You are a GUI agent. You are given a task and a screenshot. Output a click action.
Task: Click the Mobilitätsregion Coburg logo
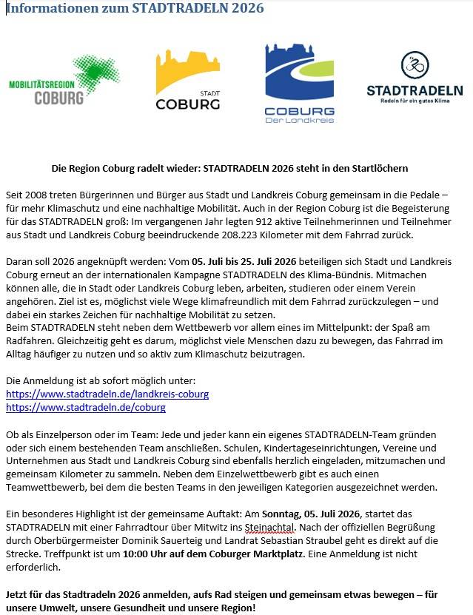click(64, 81)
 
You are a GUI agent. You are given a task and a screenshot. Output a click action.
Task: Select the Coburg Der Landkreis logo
click(300, 81)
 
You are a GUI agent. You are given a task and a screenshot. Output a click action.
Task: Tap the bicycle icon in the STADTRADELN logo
click(415, 66)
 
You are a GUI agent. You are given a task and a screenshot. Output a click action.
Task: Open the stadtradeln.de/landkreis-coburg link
click(107, 394)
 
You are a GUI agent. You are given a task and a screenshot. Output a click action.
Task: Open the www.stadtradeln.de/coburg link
click(86, 407)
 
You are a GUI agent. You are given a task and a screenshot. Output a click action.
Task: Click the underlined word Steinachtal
click(269, 527)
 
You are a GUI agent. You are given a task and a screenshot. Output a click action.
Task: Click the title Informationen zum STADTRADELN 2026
click(135, 8)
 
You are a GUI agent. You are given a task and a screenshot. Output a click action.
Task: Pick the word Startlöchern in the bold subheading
click(376, 169)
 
